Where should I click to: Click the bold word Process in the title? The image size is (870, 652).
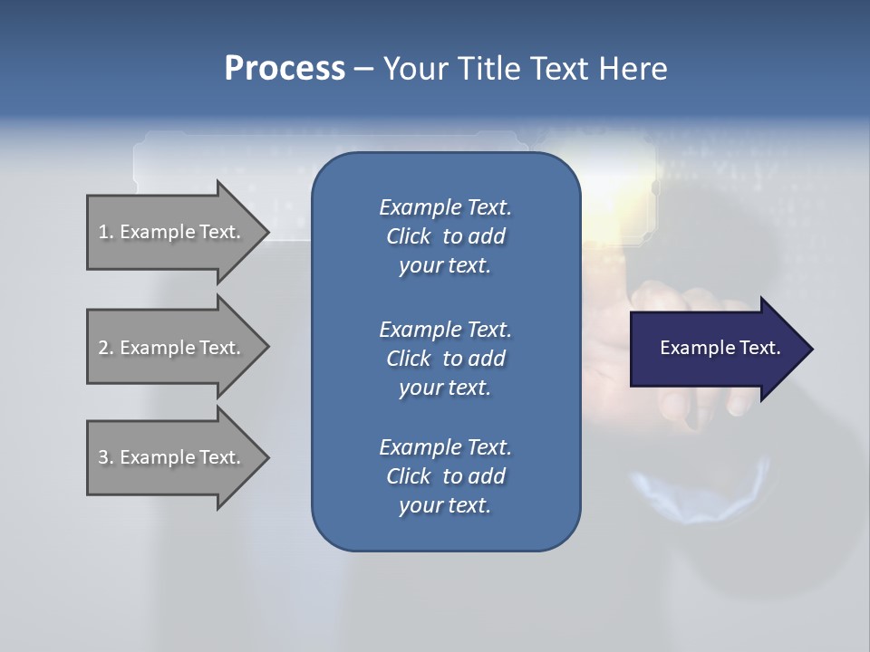pos(285,69)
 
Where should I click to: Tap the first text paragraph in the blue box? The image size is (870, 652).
pos(445,236)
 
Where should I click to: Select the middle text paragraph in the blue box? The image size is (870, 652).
pos(445,358)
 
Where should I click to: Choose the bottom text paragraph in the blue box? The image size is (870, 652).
pos(445,476)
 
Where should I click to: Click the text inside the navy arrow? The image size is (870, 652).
pos(720,348)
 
